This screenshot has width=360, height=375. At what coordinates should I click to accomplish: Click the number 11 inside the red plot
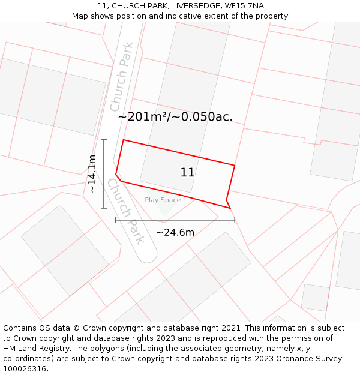click(187, 173)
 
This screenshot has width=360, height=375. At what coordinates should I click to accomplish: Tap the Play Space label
click(163, 200)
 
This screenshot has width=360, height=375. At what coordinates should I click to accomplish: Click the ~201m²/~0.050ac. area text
click(175, 117)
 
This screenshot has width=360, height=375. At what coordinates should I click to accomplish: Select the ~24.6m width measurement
click(175, 232)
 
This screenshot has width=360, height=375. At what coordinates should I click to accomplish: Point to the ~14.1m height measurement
click(92, 174)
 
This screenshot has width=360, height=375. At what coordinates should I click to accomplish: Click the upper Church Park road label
click(122, 76)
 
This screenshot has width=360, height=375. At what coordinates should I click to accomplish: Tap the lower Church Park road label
click(125, 211)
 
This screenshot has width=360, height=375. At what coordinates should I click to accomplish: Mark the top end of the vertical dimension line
click(104, 140)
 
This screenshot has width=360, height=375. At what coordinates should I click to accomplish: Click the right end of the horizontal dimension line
click(235, 220)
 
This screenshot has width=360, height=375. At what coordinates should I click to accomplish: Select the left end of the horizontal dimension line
click(116, 220)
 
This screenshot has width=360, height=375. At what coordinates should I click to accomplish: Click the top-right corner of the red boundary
click(235, 165)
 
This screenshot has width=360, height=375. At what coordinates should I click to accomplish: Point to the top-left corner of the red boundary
click(123, 140)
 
